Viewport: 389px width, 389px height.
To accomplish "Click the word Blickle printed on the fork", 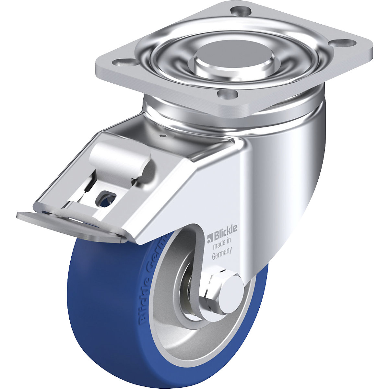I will coord(224,230).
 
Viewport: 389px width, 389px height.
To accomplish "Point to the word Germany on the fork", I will coord(222,249).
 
